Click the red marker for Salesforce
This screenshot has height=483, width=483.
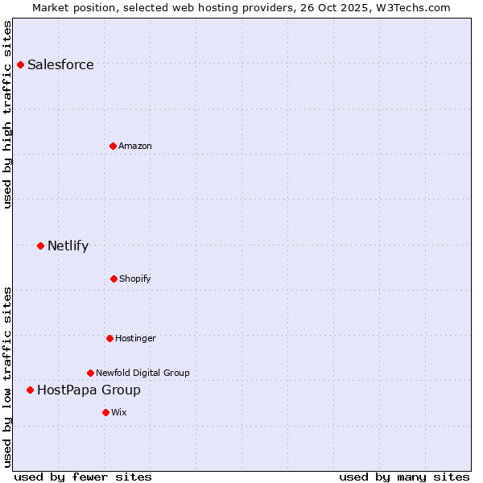click(21, 64)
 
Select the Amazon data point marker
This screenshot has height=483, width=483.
click(114, 146)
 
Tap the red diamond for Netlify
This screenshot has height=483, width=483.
click(41, 246)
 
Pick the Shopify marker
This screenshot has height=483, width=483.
click(114, 279)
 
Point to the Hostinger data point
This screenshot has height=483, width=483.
click(110, 338)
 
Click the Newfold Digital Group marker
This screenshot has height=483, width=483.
click(91, 373)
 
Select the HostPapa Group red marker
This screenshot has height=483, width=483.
click(31, 390)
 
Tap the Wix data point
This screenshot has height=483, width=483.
click(106, 412)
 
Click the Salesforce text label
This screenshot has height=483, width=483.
click(60, 64)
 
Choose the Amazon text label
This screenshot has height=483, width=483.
click(135, 146)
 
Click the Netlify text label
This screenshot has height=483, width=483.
click(68, 246)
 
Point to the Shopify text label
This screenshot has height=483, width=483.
click(135, 279)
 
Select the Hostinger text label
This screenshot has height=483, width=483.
click(135, 338)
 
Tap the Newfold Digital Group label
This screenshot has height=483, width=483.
click(142, 373)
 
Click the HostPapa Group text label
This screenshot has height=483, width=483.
click(89, 390)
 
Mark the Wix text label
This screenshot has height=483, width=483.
click(119, 412)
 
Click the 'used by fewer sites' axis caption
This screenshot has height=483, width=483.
click(83, 477)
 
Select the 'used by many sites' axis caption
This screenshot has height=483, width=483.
click(404, 477)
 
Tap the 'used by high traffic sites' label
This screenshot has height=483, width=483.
click(8, 114)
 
